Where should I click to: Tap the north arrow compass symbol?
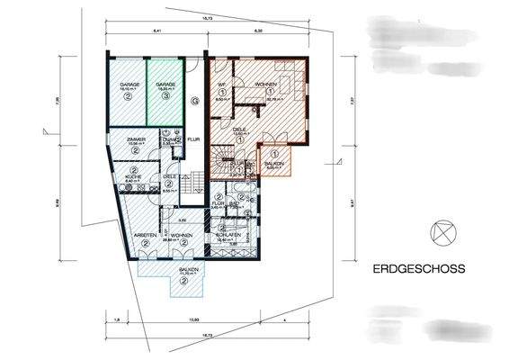click(x=440, y=231)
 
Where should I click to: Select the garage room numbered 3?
click(x=166, y=89)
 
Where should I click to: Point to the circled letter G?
click(x=194, y=101)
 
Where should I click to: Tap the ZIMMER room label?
click(x=135, y=140)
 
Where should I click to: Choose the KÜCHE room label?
click(x=133, y=176)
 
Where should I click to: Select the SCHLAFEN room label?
click(x=227, y=236)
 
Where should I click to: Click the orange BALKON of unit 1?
click(x=274, y=160)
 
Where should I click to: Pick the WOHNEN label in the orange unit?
click(x=265, y=84)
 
